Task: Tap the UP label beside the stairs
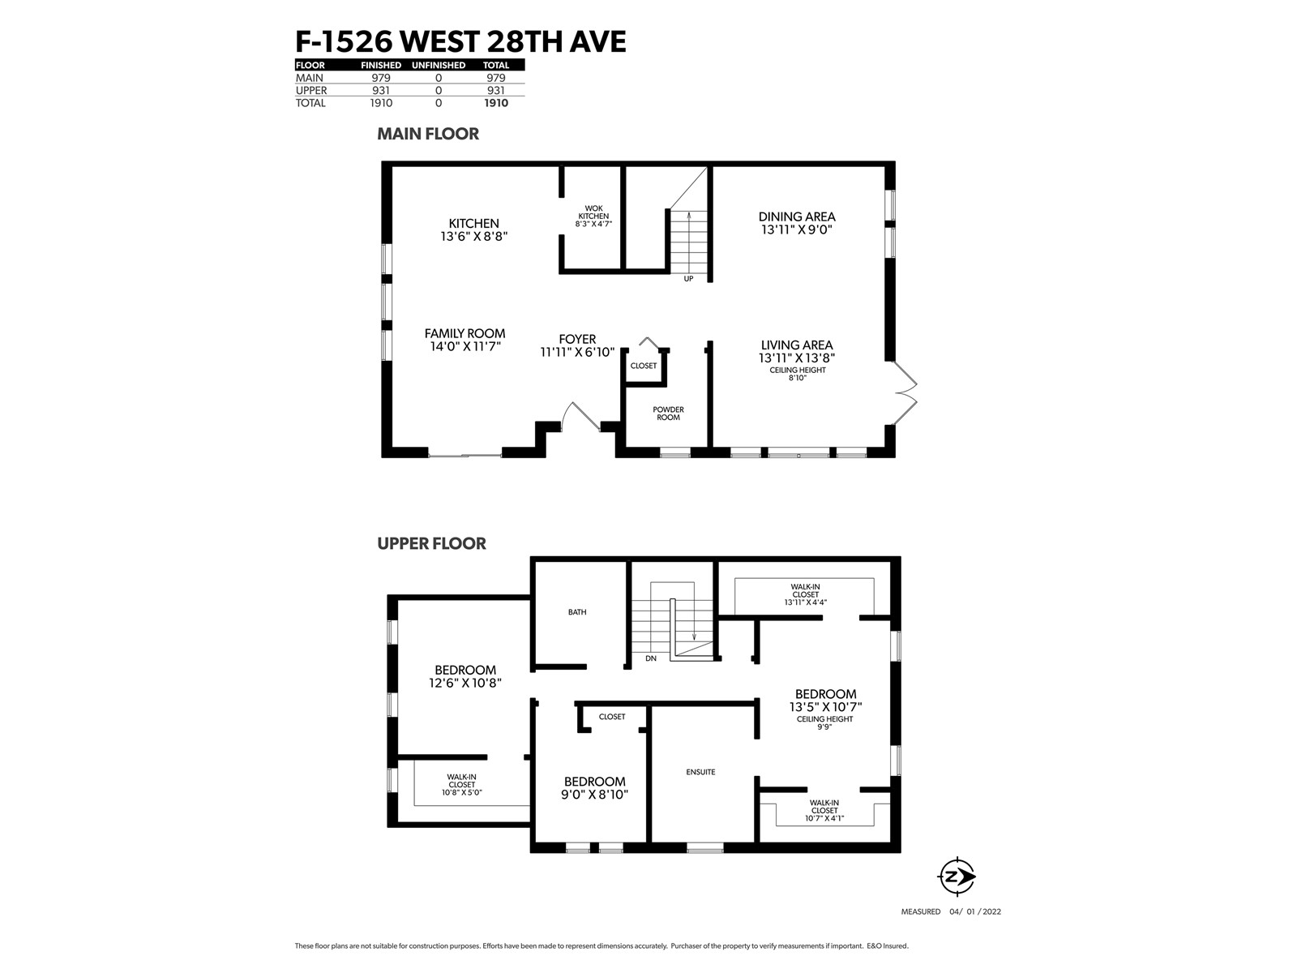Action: coord(688,279)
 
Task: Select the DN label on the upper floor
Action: coord(651,658)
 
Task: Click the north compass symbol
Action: coord(956,877)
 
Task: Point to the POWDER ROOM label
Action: coord(668,414)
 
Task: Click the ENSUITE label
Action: coord(701,772)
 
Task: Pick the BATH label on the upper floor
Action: coord(577,612)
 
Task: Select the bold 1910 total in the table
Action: coord(496,103)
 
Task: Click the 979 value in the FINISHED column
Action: coord(381,78)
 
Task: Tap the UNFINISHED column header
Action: coord(439,65)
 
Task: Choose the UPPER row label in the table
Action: coord(311,90)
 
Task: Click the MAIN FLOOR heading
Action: coord(428,134)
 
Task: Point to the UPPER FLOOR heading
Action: coord(431,543)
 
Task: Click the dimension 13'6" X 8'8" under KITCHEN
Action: coord(474,236)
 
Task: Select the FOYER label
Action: coord(577,339)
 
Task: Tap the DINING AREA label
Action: coord(797,216)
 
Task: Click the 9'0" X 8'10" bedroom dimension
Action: coord(594,795)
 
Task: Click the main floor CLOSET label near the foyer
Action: coord(644,366)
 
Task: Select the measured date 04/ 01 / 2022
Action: coord(975,911)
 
